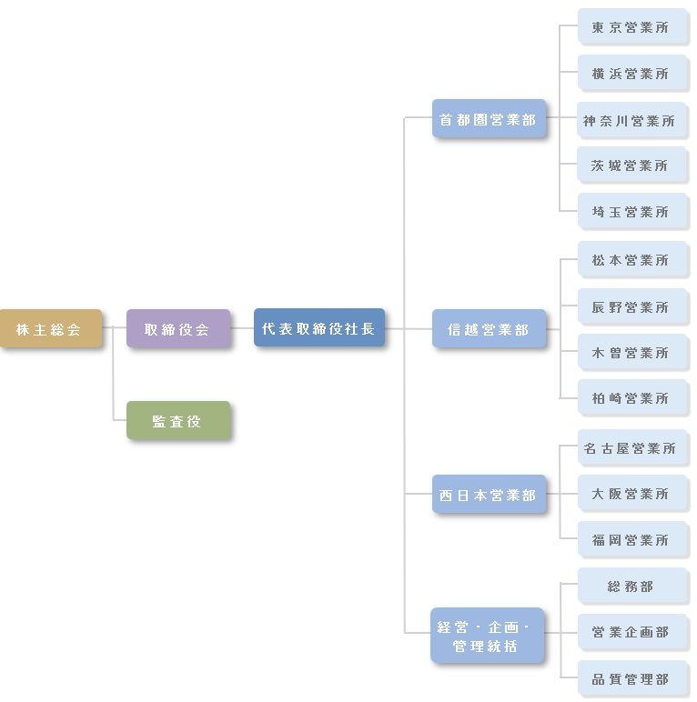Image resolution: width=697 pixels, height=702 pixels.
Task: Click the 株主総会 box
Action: click(50, 329)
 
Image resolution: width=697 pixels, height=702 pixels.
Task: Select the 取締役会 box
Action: click(177, 329)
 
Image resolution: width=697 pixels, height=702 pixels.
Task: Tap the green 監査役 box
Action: click(177, 421)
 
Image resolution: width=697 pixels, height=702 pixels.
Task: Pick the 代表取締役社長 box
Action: click(318, 328)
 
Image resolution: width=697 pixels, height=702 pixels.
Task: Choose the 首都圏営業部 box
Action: click(489, 119)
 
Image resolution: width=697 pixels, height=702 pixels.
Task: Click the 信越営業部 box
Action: click(489, 329)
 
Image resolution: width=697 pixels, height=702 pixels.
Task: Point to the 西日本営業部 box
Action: click(489, 496)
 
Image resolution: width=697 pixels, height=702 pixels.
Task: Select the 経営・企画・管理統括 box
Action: click(489, 636)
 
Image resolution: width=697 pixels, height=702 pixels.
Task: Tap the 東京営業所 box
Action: click(631, 27)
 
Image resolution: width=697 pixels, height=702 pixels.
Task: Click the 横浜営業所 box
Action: click(631, 74)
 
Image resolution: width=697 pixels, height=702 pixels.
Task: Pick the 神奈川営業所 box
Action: click(631, 120)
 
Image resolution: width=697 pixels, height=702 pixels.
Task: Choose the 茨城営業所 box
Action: click(631, 165)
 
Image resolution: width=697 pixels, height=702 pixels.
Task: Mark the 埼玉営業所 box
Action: click(631, 212)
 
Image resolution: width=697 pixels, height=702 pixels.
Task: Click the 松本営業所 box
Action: click(631, 260)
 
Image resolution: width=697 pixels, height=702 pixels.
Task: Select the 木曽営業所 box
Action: click(631, 353)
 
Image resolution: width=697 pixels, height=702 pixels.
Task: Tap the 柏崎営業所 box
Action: click(631, 398)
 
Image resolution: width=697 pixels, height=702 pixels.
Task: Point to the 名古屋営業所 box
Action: click(631, 448)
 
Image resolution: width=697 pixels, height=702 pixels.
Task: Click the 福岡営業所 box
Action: click(631, 540)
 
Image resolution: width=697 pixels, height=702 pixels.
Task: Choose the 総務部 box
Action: click(631, 587)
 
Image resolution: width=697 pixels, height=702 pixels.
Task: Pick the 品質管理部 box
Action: click(631, 679)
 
